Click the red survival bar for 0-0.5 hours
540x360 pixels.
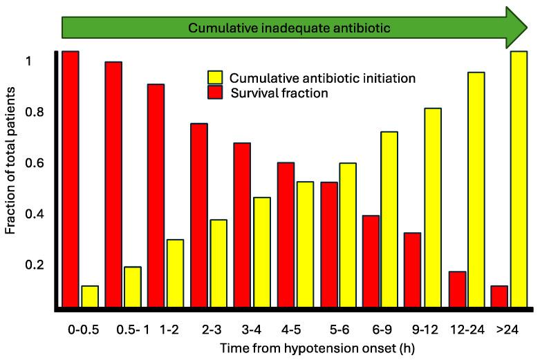point(71,179)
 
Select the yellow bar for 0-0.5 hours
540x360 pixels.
point(90,296)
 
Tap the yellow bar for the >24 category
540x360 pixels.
point(519,179)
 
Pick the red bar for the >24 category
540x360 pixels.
point(499,296)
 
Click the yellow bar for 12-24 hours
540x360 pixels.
point(476,189)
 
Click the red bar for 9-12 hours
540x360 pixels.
point(412,269)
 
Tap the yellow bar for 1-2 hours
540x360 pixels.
point(176,273)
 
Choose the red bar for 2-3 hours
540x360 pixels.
point(199,215)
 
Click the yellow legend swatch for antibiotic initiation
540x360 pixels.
point(215,77)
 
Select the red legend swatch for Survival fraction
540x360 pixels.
point(215,92)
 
